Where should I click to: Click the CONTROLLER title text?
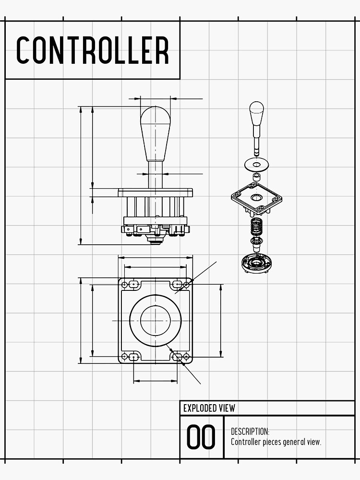click(x=92, y=50)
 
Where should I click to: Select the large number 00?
click(x=201, y=437)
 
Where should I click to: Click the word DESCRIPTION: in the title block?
click(x=250, y=432)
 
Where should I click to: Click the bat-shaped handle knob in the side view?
click(x=155, y=132)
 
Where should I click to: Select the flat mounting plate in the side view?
click(x=155, y=192)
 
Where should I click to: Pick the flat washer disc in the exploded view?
click(x=256, y=164)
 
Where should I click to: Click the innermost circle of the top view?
click(x=155, y=320)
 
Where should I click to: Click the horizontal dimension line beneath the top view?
click(x=155, y=381)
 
